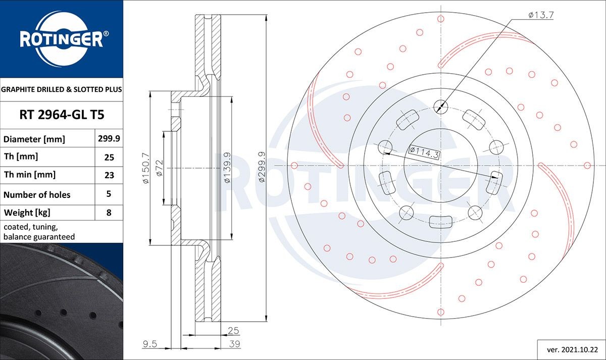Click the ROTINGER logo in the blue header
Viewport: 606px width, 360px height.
click(61, 38)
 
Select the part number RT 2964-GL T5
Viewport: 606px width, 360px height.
click(62, 115)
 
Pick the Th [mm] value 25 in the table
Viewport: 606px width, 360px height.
click(109, 157)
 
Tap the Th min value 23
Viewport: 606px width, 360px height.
click(109, 175)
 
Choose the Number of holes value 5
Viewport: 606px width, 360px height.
click(109, 194)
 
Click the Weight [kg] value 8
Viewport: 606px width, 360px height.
click(109, 212)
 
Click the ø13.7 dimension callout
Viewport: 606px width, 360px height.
click(541, 15)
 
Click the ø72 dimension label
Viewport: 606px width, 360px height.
click(159, 167)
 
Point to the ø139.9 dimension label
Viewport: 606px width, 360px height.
click(227, 167)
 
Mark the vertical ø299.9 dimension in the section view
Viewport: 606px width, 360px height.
click(261, 167)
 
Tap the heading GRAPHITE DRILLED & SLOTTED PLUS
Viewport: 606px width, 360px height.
click(62, 89)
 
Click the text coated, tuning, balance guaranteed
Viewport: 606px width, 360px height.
click(39, 232)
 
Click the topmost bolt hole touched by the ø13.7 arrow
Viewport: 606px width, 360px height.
click(441, 107)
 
